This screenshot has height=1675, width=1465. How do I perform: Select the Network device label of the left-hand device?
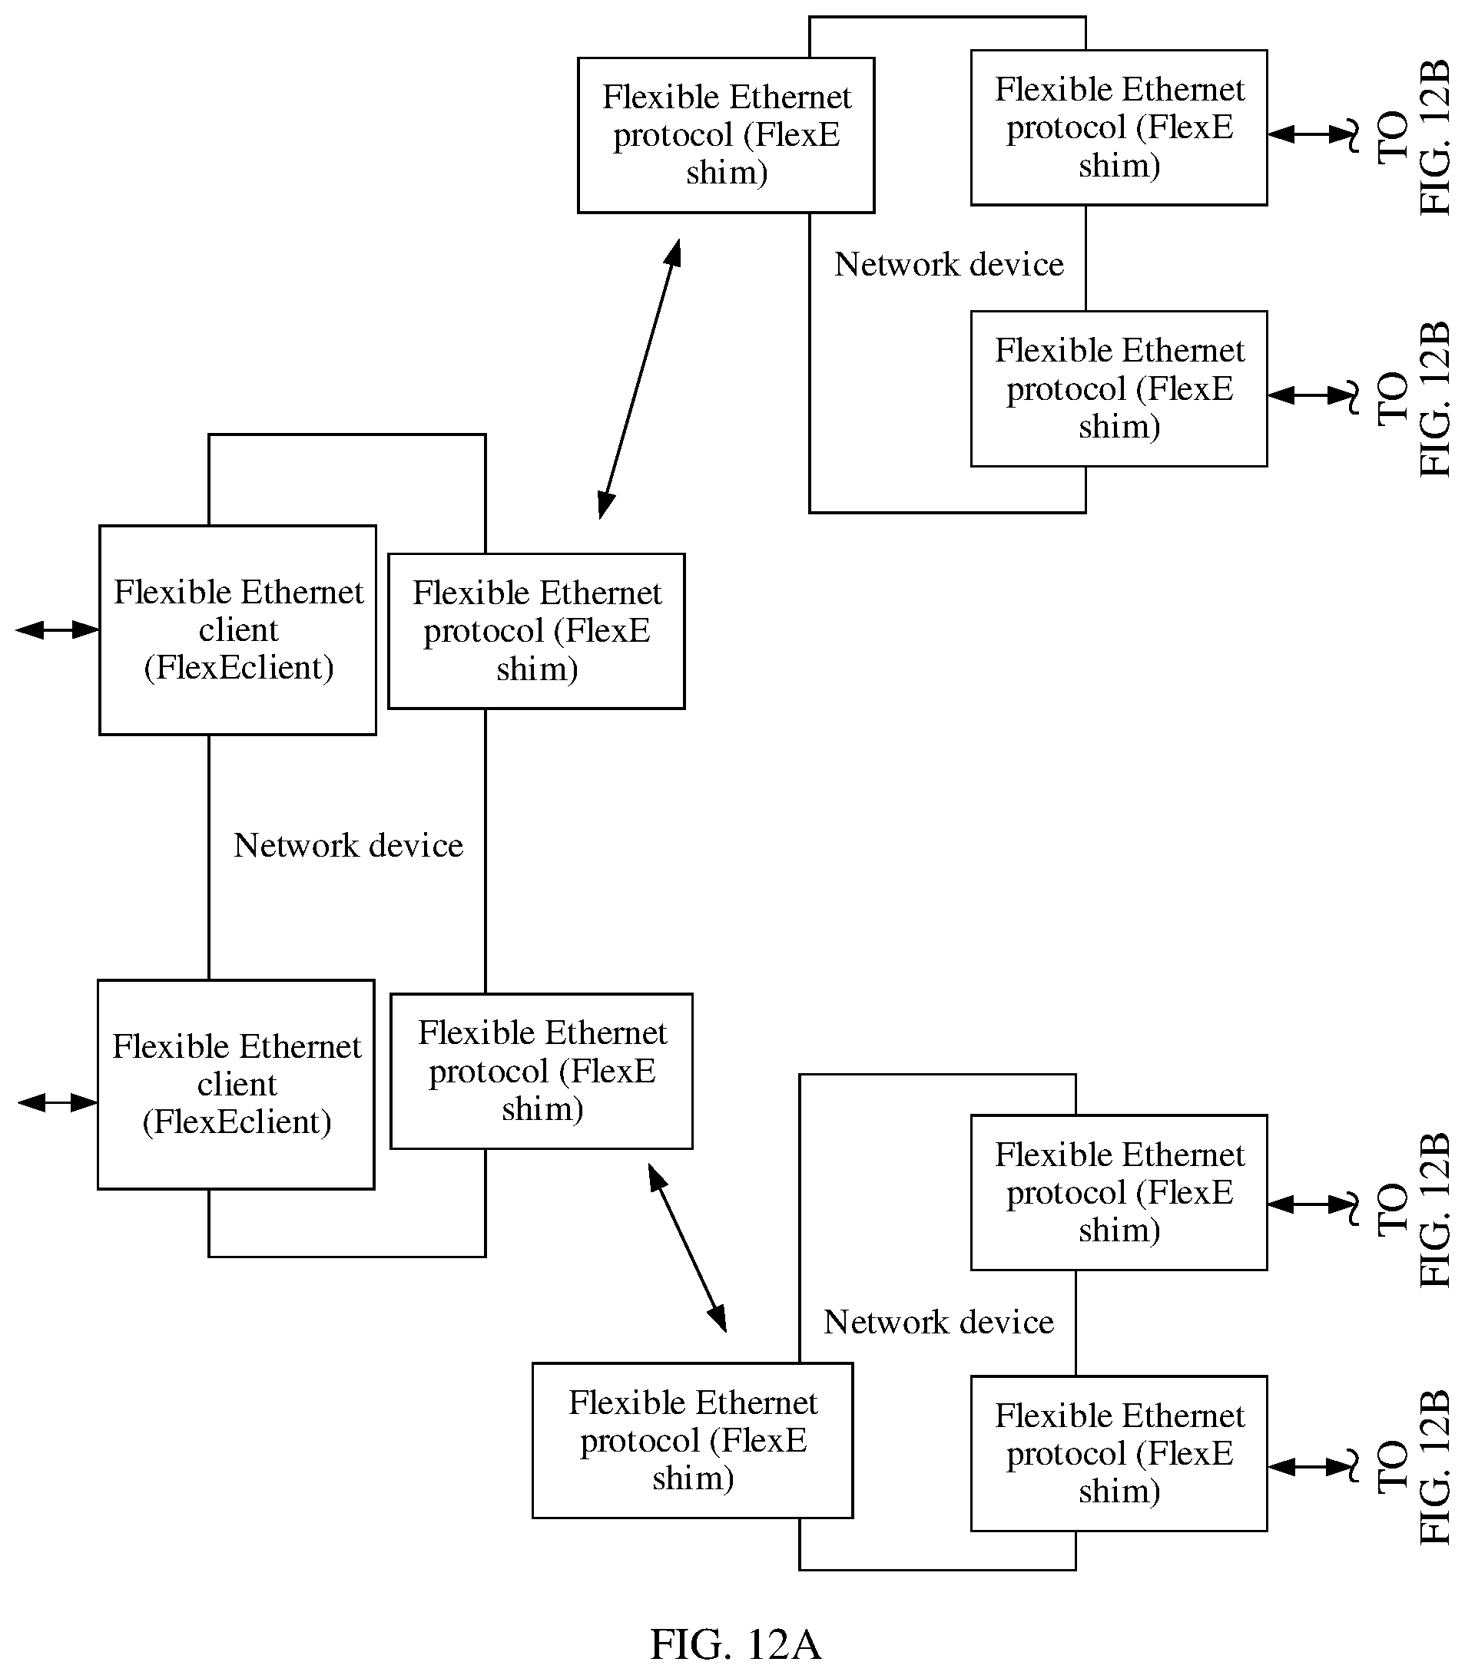[x=348, y=845]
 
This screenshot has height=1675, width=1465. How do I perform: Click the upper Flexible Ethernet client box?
[x=238, y=630]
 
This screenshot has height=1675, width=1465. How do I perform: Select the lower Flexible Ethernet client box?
[x=237, y=1084]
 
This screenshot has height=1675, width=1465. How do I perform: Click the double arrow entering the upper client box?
[x=57, y=629]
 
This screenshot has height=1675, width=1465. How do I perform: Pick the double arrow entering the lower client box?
[x=57, y=1102]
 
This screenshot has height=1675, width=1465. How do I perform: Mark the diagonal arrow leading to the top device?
[x=639, y=378]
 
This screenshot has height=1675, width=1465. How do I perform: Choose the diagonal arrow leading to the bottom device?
[x=687, y=1247]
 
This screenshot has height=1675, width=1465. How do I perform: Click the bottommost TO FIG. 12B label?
[x=1414, y=1468]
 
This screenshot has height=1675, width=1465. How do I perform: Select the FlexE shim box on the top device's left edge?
[x=726, y=135]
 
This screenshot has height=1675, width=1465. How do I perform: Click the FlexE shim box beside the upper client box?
[x=536, y=631]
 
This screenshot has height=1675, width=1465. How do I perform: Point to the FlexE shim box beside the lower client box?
[x=541, y=1071]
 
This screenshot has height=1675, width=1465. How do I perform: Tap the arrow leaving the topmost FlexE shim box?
[x=1313, y=134]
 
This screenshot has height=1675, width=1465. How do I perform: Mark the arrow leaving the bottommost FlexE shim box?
[x=1313, y=1468]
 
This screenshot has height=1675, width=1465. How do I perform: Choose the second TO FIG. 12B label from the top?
[x=1414, y=398]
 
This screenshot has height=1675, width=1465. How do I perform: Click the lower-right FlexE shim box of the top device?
[x=1119, y=389]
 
